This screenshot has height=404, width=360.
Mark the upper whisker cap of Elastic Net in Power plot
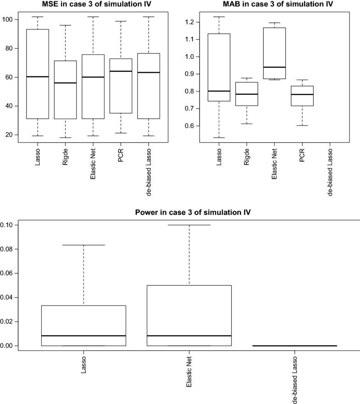coord(189,225)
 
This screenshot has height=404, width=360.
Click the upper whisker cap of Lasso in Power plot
coord(83,245)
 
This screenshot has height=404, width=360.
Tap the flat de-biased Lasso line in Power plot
coord(294,345)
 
